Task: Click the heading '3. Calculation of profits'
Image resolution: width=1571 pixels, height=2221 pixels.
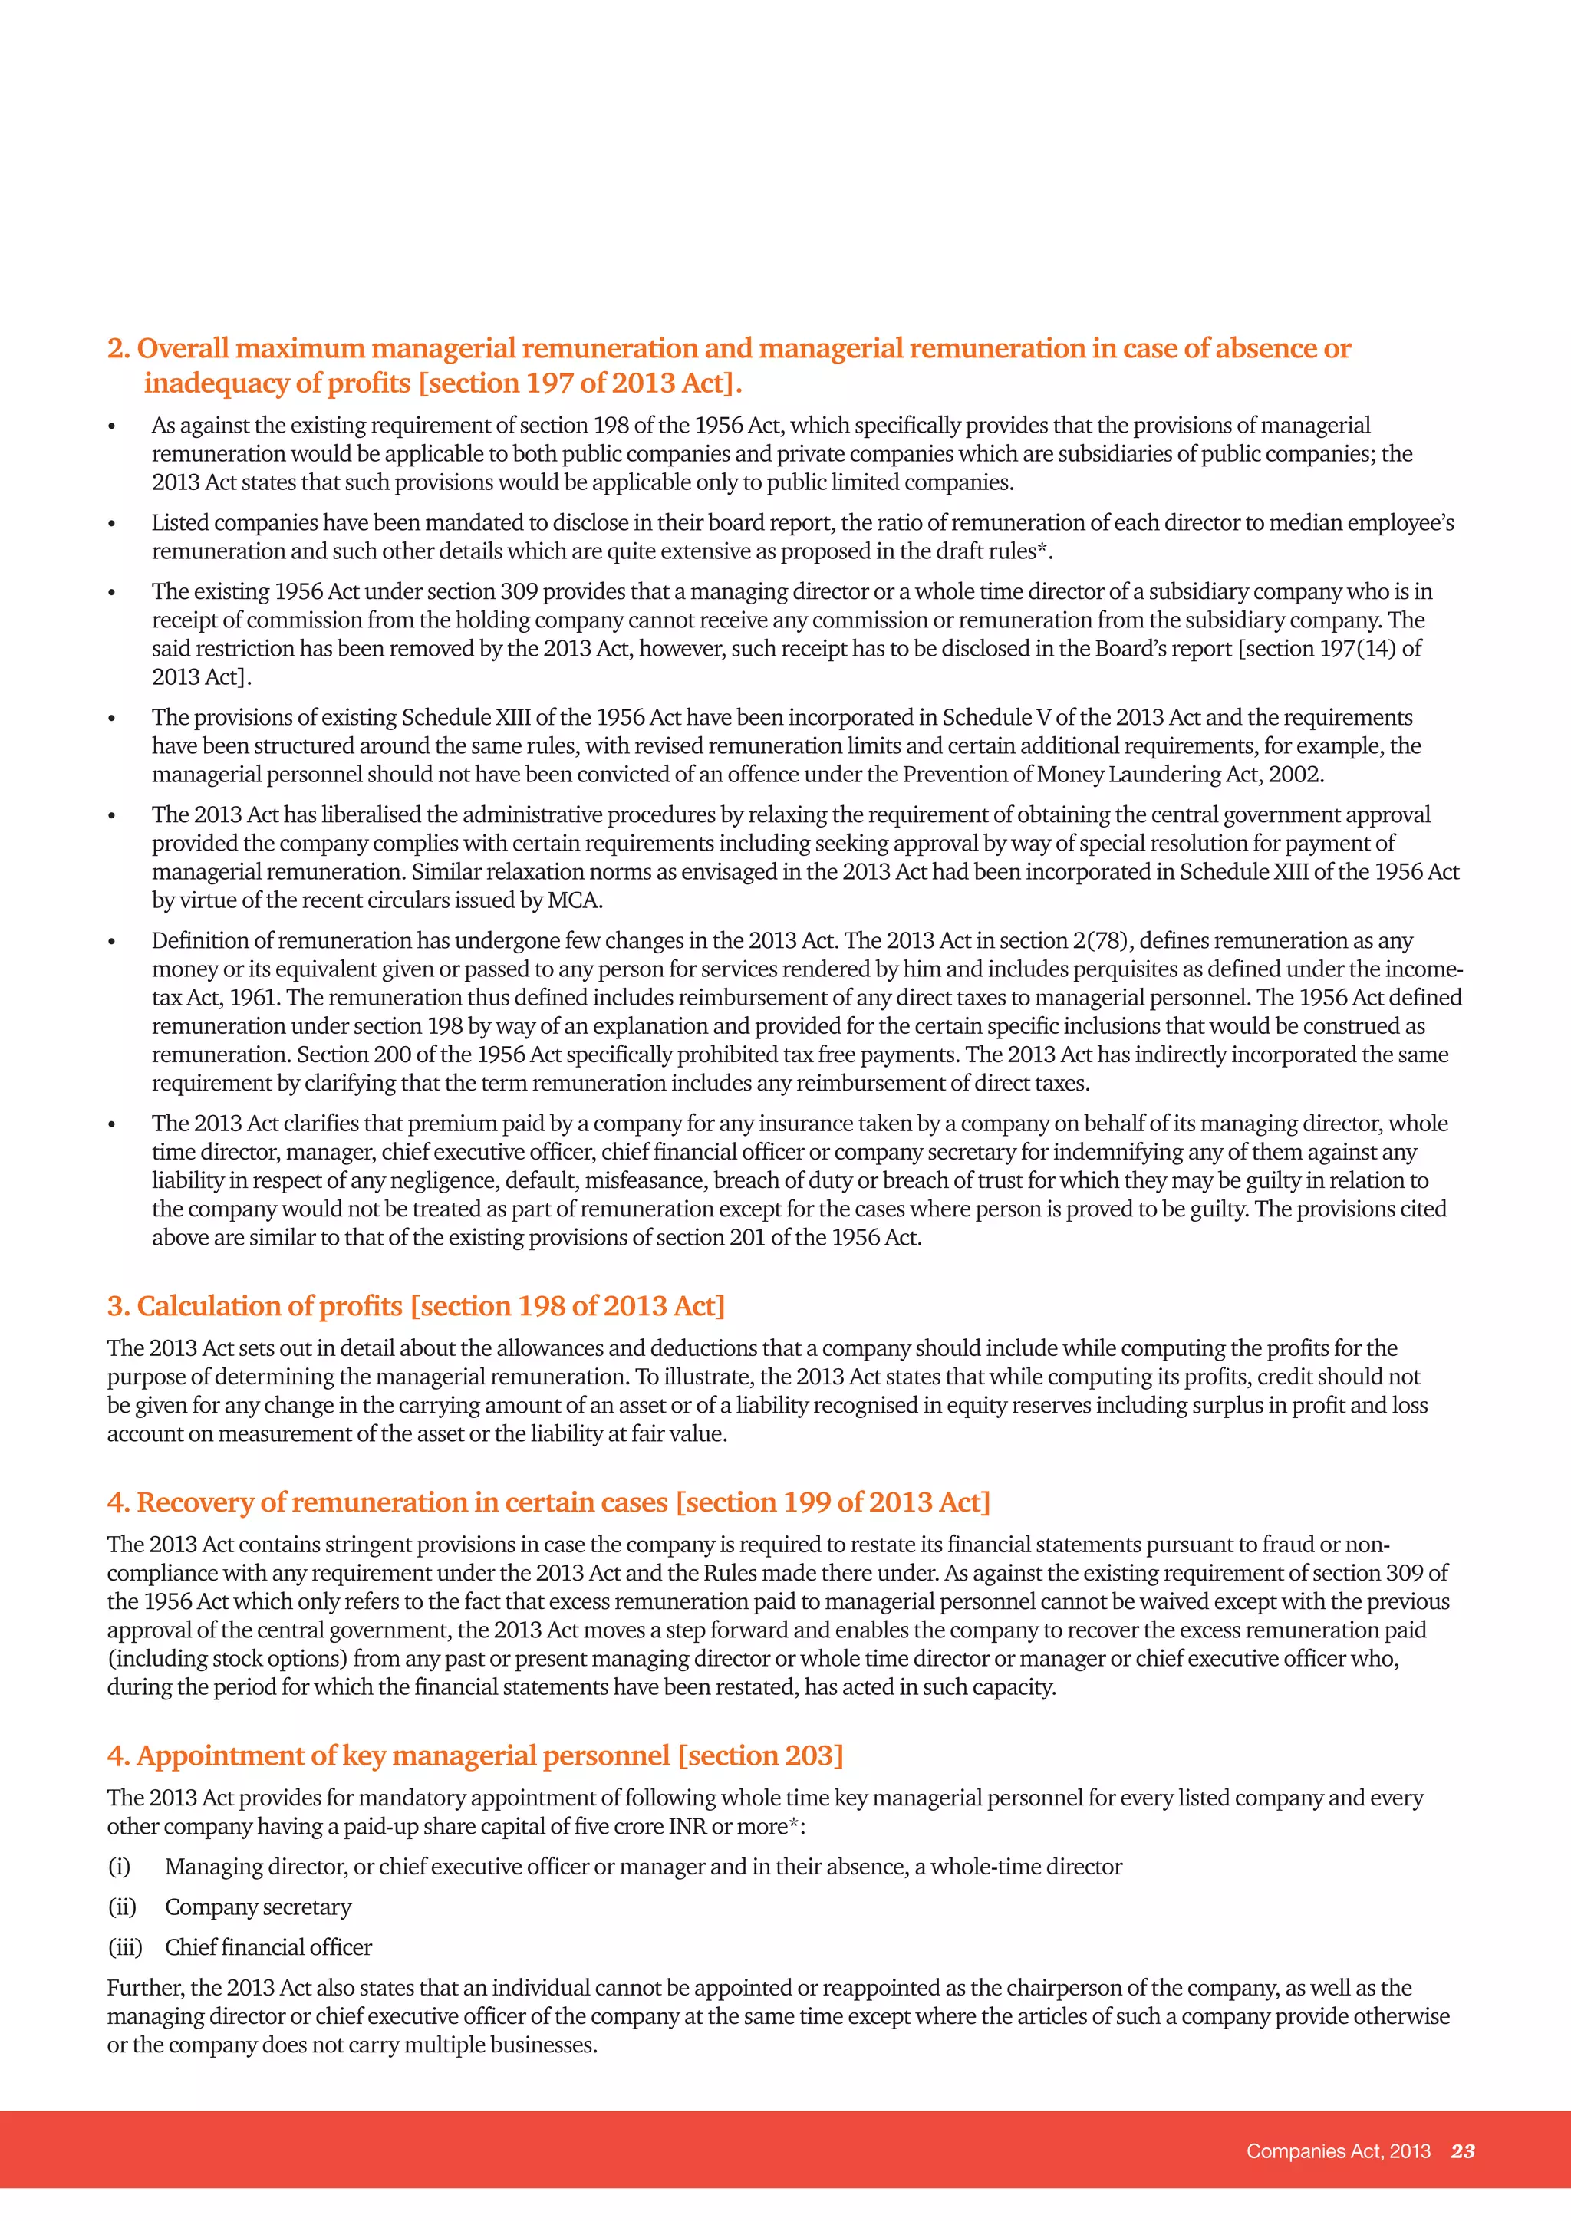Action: pos(416,1306)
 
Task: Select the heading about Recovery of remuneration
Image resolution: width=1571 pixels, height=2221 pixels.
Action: pos(548,1502)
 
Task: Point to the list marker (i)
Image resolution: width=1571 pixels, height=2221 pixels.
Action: pos(119,1867)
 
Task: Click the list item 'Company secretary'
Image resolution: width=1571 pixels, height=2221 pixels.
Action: pos(259,1907)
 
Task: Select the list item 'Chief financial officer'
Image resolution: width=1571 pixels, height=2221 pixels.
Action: pos(268,1947)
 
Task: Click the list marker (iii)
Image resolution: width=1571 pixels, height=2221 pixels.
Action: pos(125,1947)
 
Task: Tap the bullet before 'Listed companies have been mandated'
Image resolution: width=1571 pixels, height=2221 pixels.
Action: pos(112,525)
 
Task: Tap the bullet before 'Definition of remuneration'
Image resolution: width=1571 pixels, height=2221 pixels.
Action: pos(112,943)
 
